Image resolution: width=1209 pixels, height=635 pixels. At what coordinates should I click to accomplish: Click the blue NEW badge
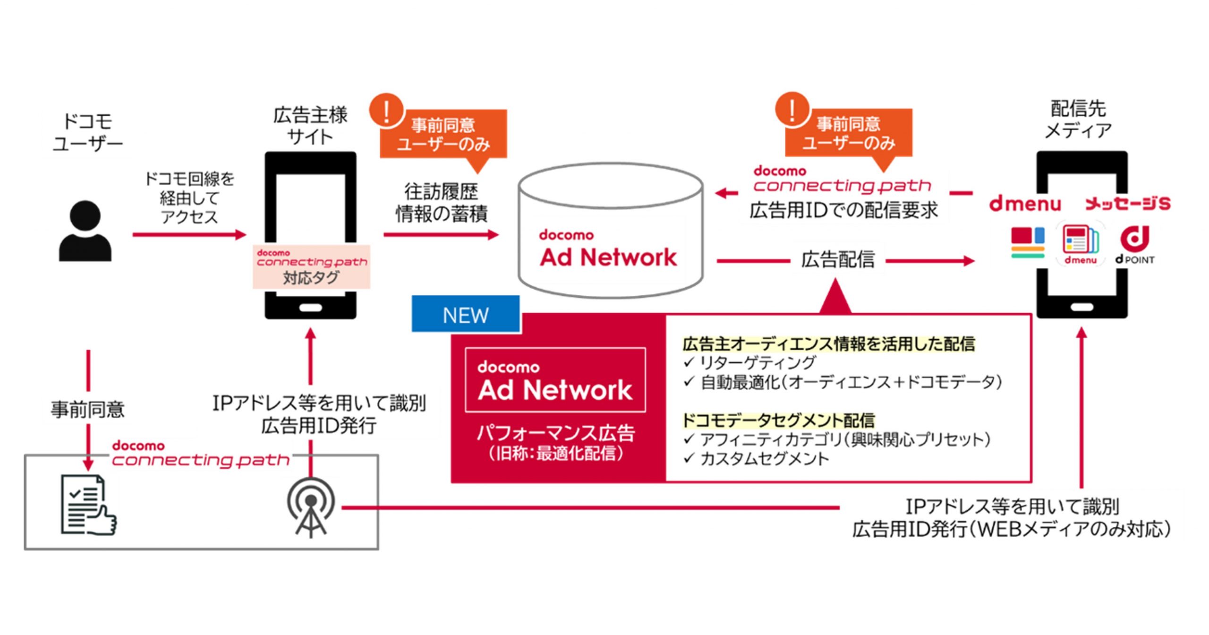[x=466, y=315]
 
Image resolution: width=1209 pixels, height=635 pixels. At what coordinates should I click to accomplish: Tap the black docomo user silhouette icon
[x=85, y=232]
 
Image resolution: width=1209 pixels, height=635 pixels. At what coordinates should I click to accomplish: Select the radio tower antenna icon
[x=311, y=507]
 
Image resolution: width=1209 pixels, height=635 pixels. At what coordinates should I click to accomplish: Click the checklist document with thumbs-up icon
[x=88, y=506]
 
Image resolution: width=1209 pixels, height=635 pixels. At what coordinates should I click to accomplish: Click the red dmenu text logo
[x=1025, y=204]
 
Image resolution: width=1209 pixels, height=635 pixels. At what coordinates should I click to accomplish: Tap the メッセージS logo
[x=1128, y=204]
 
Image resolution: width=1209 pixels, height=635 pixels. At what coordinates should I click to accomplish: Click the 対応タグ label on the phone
[x=311, y=278]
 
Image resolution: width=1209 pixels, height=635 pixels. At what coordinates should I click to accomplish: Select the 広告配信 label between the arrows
[x=838, y=260]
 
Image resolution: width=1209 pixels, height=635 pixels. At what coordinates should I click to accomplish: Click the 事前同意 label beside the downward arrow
[x=88, y=409]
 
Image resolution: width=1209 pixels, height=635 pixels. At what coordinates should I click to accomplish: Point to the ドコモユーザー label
[x=88, y=132]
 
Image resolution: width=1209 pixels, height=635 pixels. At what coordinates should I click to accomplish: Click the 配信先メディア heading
[x=1079, y=119]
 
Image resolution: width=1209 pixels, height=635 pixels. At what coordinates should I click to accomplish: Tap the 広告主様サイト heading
[x=310, y=126]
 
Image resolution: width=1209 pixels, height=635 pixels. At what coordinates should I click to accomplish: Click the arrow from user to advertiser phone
[x=189, y=234]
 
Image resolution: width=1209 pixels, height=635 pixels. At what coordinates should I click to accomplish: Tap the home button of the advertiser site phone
[x=310, y=308]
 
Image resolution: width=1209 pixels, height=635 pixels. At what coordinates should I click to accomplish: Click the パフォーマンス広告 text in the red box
[x=555, y=433]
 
